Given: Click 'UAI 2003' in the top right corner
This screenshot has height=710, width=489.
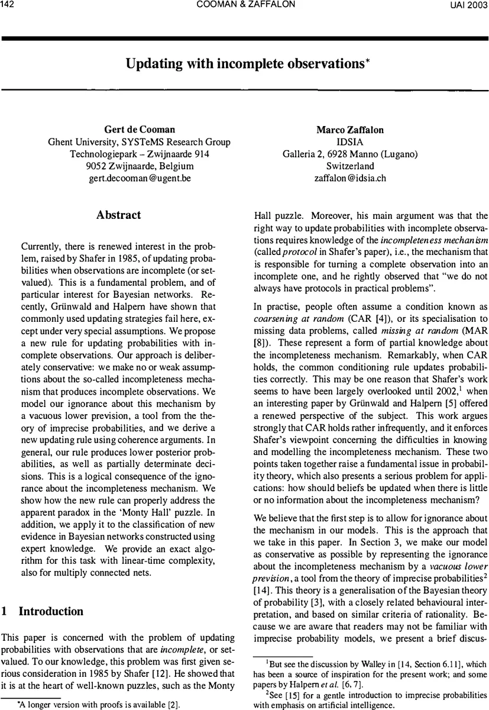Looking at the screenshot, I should point(467,5).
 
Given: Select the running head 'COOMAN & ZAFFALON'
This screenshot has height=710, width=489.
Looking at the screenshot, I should point(244,5).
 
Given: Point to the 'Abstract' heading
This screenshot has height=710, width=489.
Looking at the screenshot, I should point(118,215).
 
